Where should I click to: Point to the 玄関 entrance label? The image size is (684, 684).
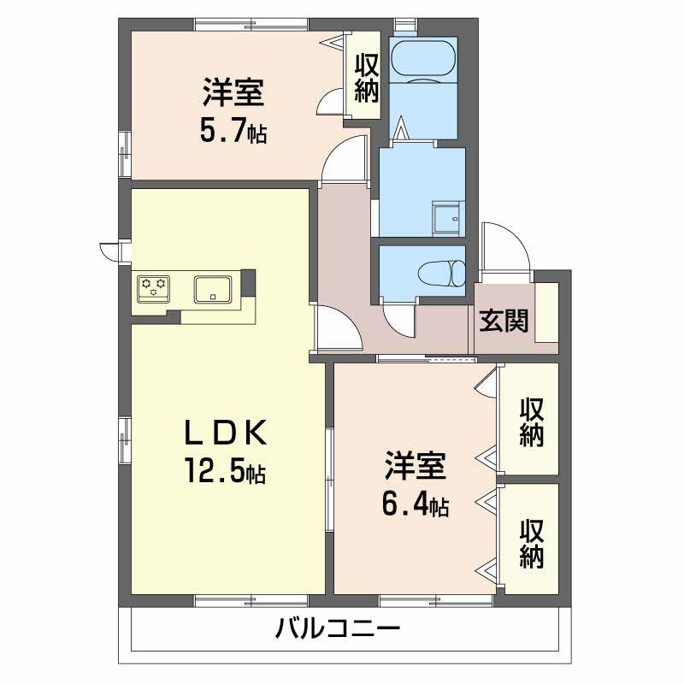click(x=504, y=321)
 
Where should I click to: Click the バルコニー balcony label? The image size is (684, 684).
click(x=339, y=634)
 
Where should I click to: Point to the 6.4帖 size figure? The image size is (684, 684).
click(x=416, y=504)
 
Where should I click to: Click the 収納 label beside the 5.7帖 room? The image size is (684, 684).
click(x=367, y=78)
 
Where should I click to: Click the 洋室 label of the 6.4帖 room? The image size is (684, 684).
click(x=416, y=468)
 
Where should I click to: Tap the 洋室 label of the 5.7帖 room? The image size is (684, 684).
click(x=232, y=92)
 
